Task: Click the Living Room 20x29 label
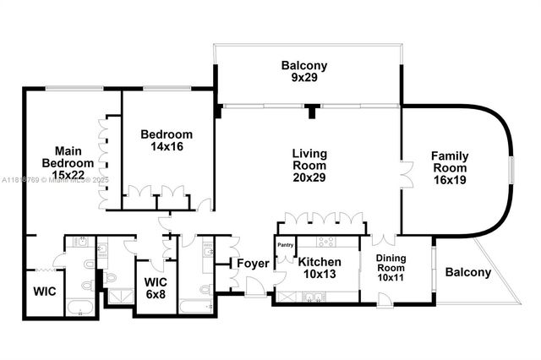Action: click(309, 165)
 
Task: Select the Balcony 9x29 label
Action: click(304, 72)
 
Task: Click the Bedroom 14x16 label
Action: click(167, 140)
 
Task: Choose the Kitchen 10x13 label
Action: click(320, 268)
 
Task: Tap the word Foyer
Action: click(252, 264)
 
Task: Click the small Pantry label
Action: click(285, 246)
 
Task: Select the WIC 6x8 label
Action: click(156, 287)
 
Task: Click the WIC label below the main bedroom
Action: click(45, 292)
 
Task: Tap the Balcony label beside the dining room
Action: click(467, 272)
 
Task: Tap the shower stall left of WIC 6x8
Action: click(118, 297)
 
